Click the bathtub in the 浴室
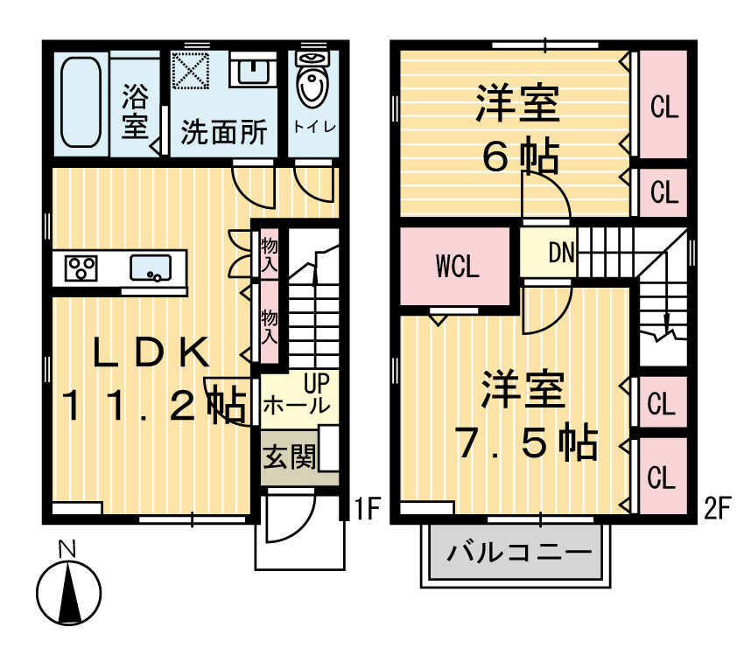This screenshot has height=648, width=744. pos(83,103)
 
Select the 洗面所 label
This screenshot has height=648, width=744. pos(224,133)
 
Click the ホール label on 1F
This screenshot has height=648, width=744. pos(297,406)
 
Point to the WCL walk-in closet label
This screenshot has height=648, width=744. pos(457,268)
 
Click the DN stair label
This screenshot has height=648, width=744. pos(561,254)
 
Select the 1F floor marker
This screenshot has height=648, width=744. pos(362,509)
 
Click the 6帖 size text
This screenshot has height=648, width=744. pos(520,157)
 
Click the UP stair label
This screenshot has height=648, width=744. pos(315,381)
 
